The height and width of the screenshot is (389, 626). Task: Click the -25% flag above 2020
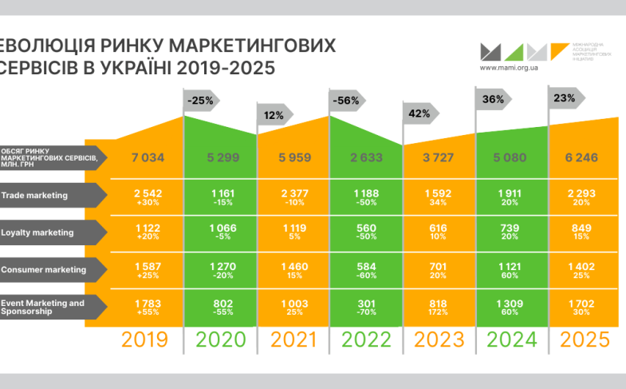(201, 101)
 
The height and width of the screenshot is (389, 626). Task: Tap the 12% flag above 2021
(274, 115)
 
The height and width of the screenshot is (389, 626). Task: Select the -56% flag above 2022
(347, 101)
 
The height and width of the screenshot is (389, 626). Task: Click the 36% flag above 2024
(493, 100)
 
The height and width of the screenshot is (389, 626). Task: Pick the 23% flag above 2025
(565, 97)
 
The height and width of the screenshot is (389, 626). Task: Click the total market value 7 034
(148, 157)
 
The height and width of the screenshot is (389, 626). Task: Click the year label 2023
(439, 339)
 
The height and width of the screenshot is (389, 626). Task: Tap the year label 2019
(145, 339)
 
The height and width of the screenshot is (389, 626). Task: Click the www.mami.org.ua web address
(506, 68)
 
